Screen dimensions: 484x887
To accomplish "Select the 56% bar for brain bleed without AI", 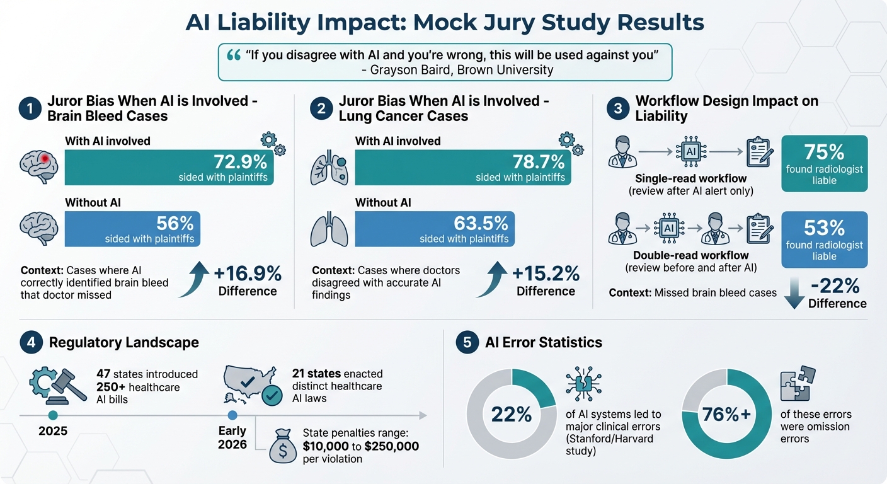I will (x=132, y=229).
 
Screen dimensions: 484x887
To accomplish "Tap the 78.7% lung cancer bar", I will (x=463, y=167).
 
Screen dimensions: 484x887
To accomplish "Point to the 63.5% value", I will (x=481, y=223).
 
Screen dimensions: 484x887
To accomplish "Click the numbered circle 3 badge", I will (x=617, y=108).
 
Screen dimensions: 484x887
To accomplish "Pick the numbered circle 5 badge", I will (x=467, y=343).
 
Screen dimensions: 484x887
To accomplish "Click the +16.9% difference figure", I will (x=248, y=274).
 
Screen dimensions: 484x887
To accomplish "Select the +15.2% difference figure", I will (x=546, y=274).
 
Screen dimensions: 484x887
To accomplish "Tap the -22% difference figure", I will (x=835, y=287).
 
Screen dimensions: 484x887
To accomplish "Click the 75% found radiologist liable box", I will (x=824, y=163).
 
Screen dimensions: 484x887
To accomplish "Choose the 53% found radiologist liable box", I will (x=824, y=239).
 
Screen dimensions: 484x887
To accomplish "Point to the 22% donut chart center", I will (x=512, y=414).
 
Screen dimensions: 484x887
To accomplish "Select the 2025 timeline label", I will (x=53, y=432).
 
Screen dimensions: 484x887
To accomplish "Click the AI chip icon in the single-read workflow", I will (x=691, y=153).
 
